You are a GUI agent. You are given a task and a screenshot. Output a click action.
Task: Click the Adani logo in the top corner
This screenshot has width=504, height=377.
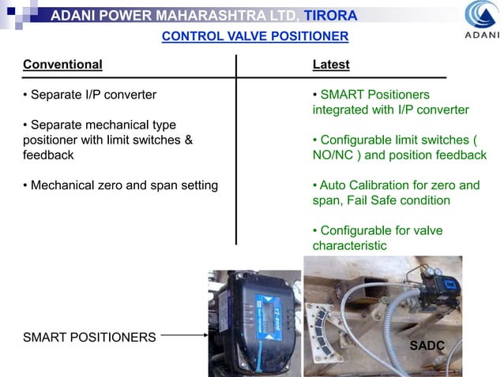coord(481,20)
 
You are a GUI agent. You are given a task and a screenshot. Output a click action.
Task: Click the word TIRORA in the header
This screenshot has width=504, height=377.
coord(331,16)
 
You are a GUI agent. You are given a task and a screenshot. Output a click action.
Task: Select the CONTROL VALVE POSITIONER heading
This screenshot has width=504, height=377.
coord(254,36)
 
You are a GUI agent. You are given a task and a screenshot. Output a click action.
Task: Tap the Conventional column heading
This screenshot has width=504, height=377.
coord(62,64)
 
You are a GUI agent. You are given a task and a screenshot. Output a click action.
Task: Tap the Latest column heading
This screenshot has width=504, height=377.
coord(331,64)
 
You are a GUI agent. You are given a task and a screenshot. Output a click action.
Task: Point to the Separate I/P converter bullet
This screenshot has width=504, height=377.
coord(89,95)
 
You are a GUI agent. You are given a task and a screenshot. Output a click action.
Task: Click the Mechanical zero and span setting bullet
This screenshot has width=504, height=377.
coord(120,185)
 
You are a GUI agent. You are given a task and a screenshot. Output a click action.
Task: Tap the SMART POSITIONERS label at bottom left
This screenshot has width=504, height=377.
coord(89,337)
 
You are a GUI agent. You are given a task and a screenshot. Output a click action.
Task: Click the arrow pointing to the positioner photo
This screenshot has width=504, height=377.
coord(182,336)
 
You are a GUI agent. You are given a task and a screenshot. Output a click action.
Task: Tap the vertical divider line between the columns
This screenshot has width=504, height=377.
coord(236,150)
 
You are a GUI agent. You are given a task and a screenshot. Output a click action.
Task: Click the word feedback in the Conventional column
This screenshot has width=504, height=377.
coord(48,155)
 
